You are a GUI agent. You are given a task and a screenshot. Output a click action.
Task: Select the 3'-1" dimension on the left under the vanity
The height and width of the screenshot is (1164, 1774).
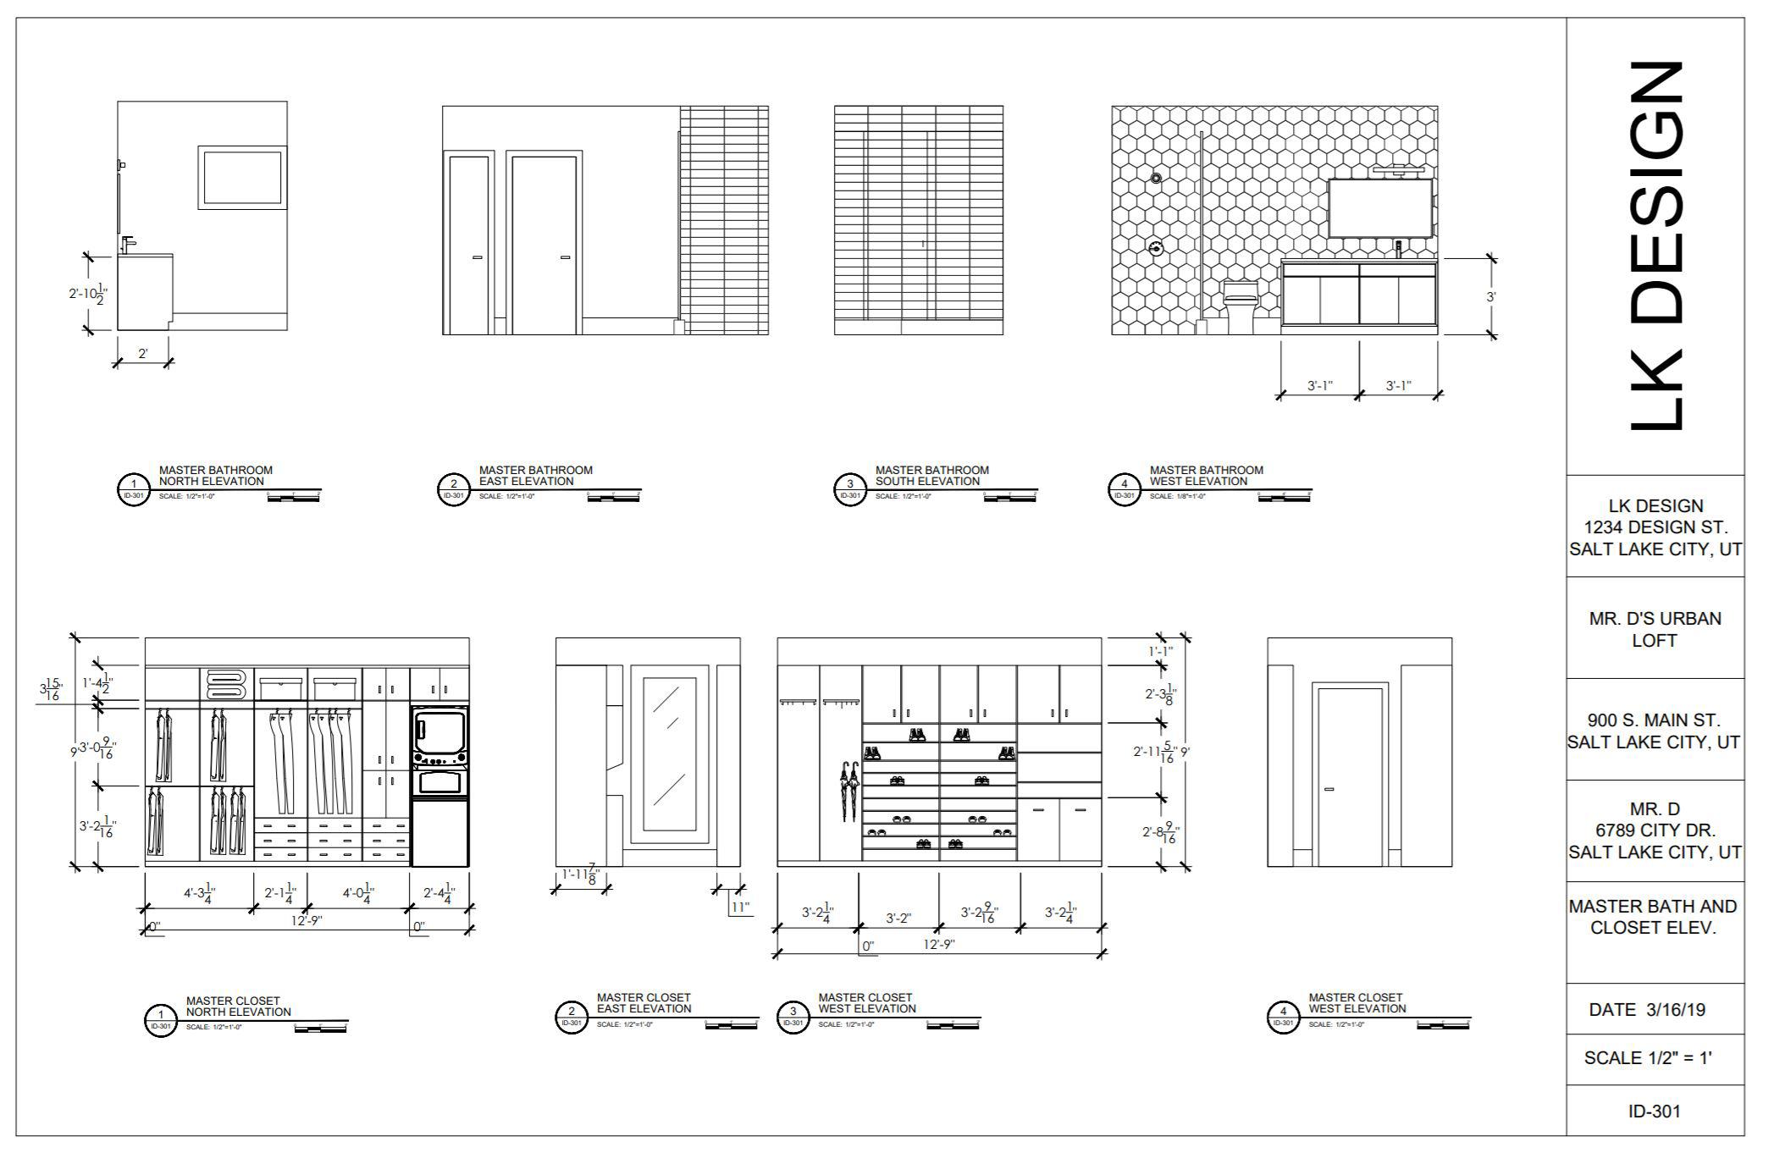pos(1319,386)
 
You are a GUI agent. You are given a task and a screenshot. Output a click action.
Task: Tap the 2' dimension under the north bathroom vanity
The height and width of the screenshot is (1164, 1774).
pos(142,354)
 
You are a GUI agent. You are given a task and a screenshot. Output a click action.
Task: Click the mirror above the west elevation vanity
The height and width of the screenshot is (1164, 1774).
pos(1379,208)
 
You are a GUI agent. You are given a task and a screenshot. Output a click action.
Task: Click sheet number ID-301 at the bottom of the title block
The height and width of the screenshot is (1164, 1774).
pos(1654,1111)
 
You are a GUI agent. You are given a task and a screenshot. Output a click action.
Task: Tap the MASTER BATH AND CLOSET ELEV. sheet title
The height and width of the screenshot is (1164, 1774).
pos(1653,917)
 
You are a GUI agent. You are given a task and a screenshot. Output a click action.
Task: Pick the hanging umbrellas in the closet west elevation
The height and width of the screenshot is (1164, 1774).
pos(848,791)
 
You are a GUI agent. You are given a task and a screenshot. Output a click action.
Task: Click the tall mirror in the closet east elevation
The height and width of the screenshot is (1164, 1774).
pos(670,754)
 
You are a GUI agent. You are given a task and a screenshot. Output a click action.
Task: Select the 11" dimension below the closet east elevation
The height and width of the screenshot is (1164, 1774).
pos(740,907)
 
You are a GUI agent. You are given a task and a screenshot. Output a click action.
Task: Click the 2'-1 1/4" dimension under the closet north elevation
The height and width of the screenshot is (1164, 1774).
pos(279,893)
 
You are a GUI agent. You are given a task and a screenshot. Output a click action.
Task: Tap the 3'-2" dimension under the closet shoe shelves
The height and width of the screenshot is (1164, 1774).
pos(898,918)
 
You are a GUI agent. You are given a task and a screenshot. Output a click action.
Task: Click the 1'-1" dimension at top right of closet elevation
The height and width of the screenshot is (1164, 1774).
pos(1160,652)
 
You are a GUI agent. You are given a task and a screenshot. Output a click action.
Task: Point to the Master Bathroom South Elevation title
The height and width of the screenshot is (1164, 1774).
pos(931,476)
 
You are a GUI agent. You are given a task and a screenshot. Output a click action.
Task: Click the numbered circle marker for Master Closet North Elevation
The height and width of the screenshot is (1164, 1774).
pos(159,1018)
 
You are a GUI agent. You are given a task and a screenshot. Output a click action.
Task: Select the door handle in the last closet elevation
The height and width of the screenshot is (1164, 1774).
pos(1329,790)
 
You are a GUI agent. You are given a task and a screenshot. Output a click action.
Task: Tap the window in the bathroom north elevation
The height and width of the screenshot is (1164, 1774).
pos(242,178)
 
